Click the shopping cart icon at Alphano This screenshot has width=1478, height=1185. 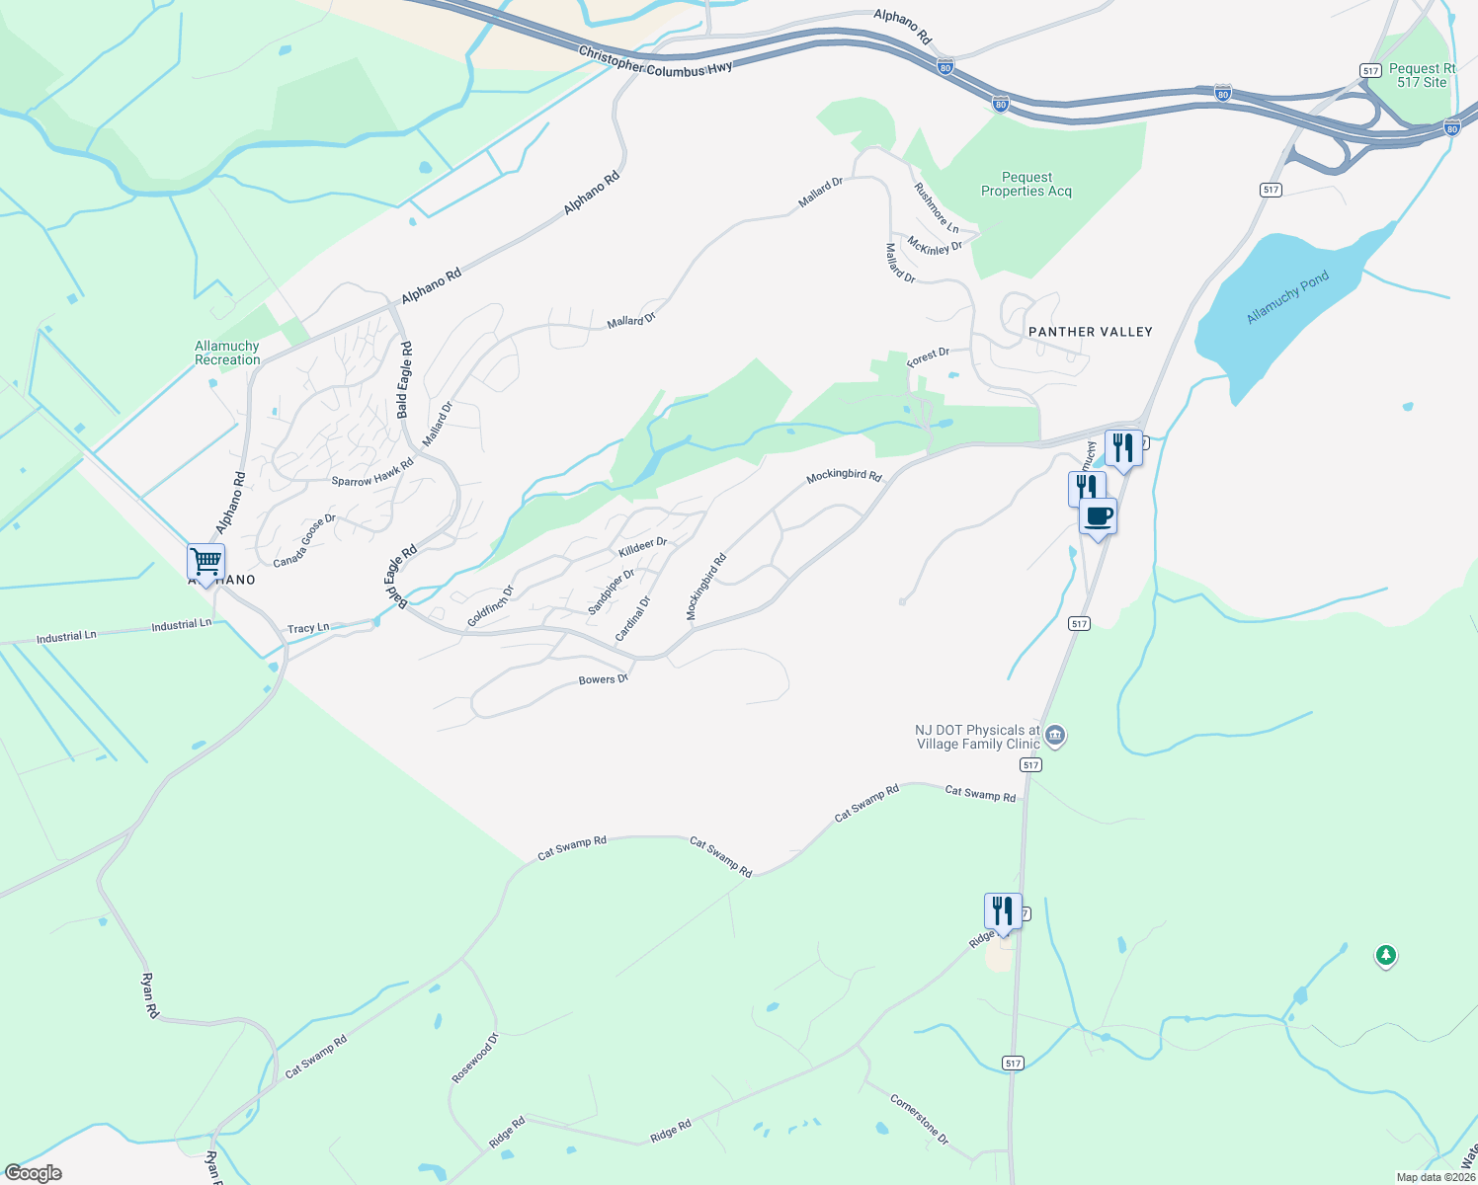pos(206,562)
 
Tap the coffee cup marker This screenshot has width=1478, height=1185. pos(1098,516)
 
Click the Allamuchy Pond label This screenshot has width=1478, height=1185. pos(1286,297)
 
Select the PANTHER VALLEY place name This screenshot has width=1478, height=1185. pos(1090,332)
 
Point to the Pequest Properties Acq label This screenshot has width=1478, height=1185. pos(1026,185)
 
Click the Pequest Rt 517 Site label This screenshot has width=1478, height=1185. pos(1422,75)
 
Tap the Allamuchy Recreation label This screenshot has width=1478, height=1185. pos(227,353)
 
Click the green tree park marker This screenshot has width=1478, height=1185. pos(1386,955)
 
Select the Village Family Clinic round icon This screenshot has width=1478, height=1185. pos(1055,736)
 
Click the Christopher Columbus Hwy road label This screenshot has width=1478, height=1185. pos(655,61)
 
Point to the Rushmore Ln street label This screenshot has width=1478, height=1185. pos(936,207)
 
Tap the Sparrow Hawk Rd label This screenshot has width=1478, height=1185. pos(372,473)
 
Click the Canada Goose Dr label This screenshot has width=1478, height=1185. pos(304,541)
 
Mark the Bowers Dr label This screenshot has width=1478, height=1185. pos(603,679)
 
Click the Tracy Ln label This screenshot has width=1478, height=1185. pos(308,628)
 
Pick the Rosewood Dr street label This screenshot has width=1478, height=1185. pos(475,1059)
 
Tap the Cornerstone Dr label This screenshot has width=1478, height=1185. pos(919,1119)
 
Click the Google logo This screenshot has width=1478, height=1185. pos(34,1173)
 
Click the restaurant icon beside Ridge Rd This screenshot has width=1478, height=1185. pos(1002,911)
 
